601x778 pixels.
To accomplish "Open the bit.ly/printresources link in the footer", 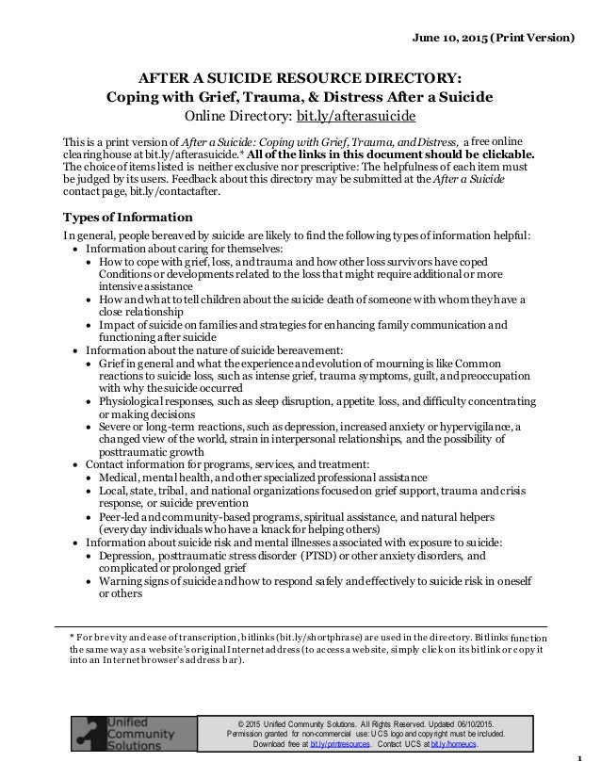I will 338,744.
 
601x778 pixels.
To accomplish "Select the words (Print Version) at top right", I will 537,39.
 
